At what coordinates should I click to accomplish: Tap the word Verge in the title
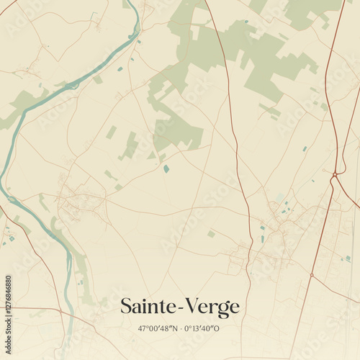pyautogui.click(x=213, y=307)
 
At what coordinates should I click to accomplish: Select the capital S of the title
pyautogui.click(x=126, y=307)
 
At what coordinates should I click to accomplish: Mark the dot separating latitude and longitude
pyautogui.click(x=180, y=329)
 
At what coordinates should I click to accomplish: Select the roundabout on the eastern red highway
pyautogui.click(x=335, y=174)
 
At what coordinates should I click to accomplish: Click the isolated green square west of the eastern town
pyautogui.click(x=211, y=234)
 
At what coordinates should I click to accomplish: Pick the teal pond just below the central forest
pyautogui.click(x=166, y=168)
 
